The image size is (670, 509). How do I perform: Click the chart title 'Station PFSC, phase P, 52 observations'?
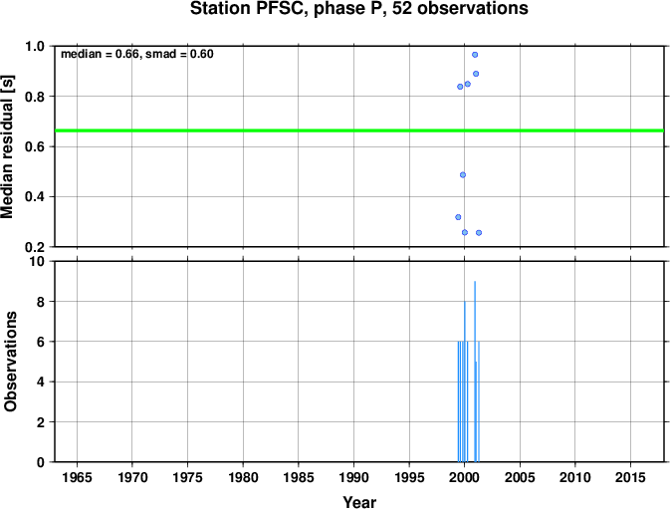pyautogui.click(x=359, y=8)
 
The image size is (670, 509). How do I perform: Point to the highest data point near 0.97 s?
pyautogui.click(x=475, y=55)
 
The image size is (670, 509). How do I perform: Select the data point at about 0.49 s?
pyautogui.click(x=463, y=174)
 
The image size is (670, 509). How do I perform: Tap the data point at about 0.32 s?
pyautogui.click(x=458, y=217)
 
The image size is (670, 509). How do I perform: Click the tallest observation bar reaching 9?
pyautogui.click(x=475, y=372)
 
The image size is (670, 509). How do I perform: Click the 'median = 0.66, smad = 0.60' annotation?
pyautogui.click(x=137, y=54)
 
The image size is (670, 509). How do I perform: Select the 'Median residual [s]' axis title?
pyautogui.click(x=7, y=146)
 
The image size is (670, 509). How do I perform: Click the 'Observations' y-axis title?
pyautogui.click(x=10, y=362)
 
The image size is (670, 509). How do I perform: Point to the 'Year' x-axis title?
pyautogui.click(x=359, y=502)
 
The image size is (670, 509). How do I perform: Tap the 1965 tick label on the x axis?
pyautogui.click(x=77, y=477)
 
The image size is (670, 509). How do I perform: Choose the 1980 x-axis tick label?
pyautogui.click(x=243, y=477)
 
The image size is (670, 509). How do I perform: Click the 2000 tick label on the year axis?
pyautogui.click(x=465, y=477)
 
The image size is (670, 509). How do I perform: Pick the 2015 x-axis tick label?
pyautogui.click(x=630, y=477)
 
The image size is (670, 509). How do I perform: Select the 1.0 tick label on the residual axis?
pyautogui.click(x=35, y=46)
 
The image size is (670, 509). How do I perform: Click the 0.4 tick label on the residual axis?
pyautogui.click(x=35, y=197)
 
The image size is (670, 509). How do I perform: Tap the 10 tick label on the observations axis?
pyautogui.click(x=38, y=261)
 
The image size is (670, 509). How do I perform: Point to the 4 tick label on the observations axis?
pyautogui.click(x=41, y=382)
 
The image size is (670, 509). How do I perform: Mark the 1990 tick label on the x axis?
pyautogui.click(x=353, y=477)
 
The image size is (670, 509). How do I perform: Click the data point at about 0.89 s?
pyautogui.click(x=476, y=74)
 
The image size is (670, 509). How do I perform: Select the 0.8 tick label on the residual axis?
pyautogui.click(x=35, y=97)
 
